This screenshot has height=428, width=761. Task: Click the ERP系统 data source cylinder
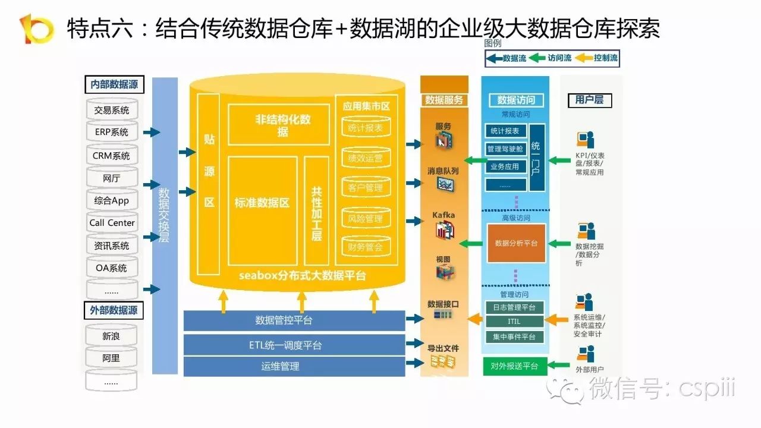tap(112, 132)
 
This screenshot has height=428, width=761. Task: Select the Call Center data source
tap(112, 223)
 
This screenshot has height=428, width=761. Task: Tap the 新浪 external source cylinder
tap(111, 336)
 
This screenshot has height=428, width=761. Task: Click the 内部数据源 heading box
tap(114, 84)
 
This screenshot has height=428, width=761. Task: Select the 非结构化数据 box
tap(279, 125)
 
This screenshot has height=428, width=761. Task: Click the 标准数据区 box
tap(262, 203)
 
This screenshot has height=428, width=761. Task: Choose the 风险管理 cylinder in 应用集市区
tap(366, 219)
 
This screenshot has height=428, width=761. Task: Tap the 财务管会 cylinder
tap(366, 247)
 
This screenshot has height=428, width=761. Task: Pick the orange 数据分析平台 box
tap(516, 243)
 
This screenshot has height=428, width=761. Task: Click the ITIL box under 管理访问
tap(514, 322)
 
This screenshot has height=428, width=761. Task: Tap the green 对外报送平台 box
tap(514, 366)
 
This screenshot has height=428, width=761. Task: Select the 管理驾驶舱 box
tap(505, 149)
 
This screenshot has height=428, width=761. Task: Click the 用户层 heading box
tap(589, 100)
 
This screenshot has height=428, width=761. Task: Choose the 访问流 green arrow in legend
tap(538, 58)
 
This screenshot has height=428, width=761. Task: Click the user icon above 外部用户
tap(585, 354)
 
